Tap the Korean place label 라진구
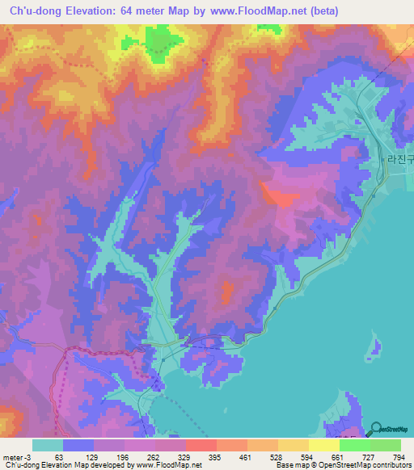click(399, 161)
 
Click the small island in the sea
click(375, 347)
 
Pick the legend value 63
click(58, 456)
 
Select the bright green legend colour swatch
click(354, 445)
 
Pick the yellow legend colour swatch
click(323, 445)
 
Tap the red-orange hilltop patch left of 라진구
click(277, 195)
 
